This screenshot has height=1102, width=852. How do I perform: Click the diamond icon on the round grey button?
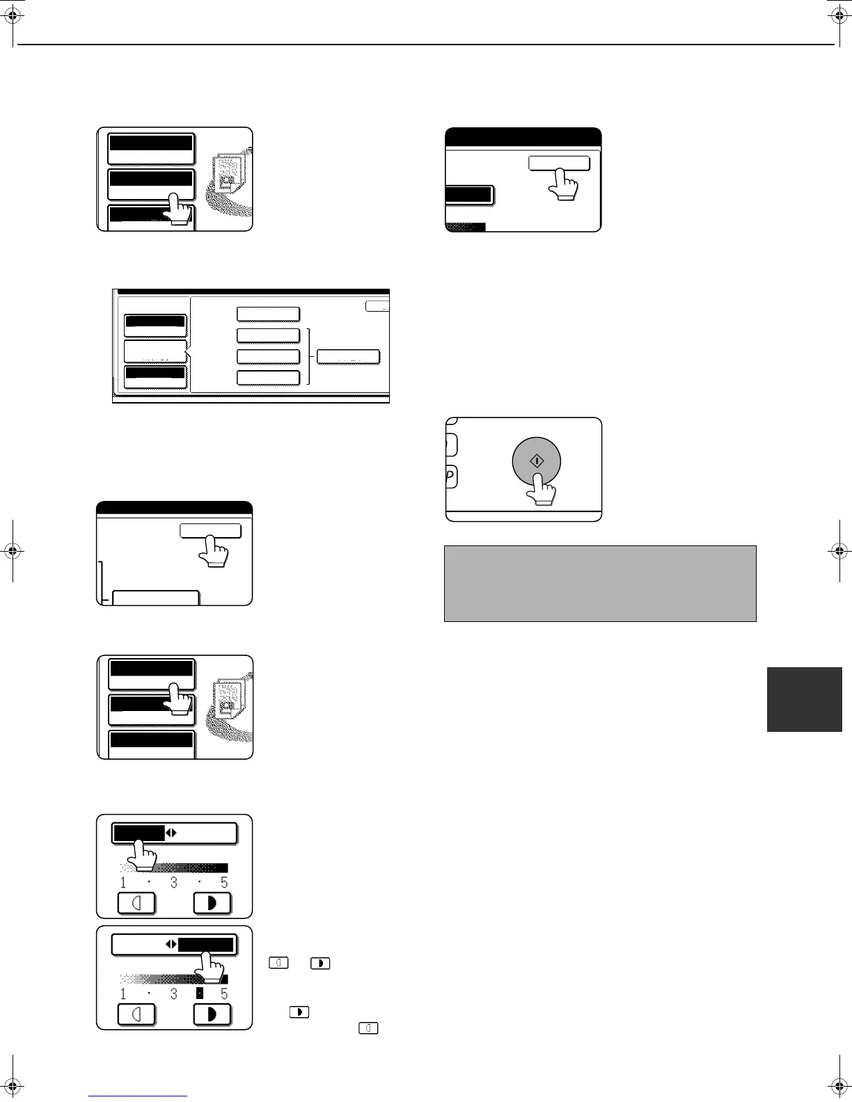click(537, 461)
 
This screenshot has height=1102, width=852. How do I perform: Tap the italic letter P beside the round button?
click(450, 477)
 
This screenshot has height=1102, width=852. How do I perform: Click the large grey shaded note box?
click(600, 583)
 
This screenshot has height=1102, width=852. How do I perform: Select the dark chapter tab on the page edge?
click(805, 699)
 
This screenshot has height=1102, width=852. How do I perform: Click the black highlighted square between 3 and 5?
click(199, 993)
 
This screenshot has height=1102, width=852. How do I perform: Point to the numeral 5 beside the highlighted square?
click(224, 994)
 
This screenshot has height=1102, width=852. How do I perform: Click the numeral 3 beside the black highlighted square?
click(173, 994)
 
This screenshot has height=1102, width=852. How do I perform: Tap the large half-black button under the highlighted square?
click(212, 1015)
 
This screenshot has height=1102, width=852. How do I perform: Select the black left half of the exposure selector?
click(139, 833)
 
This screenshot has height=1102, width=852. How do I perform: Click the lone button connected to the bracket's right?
click(348, 357)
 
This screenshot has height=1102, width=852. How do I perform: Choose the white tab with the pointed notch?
click(155, 351)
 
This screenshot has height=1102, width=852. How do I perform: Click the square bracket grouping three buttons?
click(307, 357)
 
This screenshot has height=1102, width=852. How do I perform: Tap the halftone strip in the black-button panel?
click(465, 226)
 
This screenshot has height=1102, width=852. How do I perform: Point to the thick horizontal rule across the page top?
click(426, 45)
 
